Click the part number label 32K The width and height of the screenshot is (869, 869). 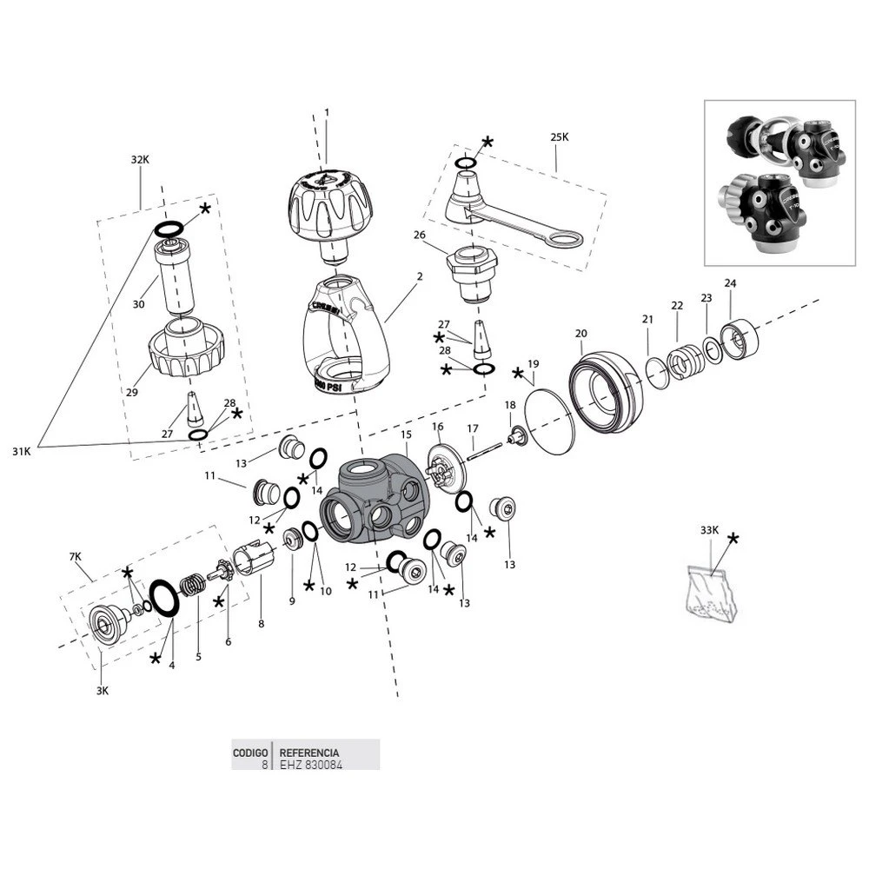140,160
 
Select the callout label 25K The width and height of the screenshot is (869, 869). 559,136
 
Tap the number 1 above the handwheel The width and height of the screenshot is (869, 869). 327,112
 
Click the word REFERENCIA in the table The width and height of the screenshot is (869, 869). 308,753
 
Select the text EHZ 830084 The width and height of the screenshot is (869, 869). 308,765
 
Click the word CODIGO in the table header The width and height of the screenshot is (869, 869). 249,753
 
